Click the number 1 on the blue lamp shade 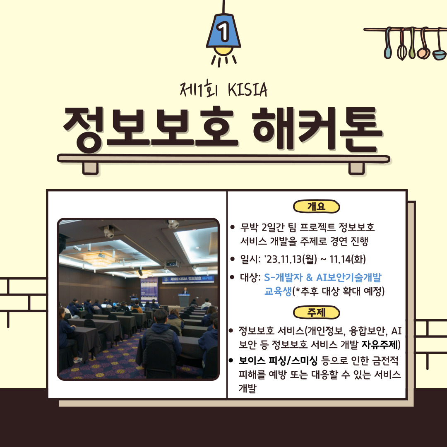tap(223, 31)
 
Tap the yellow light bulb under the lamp tap(223, 51)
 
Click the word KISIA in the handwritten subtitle tap(248, 90)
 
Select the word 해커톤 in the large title tap(317, 128)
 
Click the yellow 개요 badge tap(317, 207)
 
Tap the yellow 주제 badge tap(317, 312)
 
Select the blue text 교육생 tap(278, 291)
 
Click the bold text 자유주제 tap(379, 345)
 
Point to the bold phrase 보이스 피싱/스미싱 tap(278, 361)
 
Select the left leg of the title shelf tap(90, 168)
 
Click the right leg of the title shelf tap(357, 168)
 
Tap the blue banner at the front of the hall tap(188, 279)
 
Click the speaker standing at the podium tap(185, 291)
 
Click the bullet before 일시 tap(232, 259)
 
